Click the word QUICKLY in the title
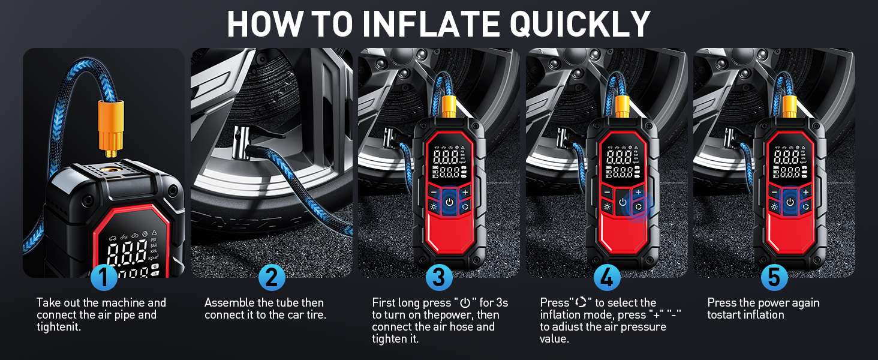[580, 25]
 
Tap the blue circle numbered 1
[104, 277]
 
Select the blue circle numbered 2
[272, 277]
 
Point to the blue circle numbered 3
[439, 277]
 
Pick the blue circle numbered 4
[607, 277]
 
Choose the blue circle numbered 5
[774, 277]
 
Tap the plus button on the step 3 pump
[465, 192]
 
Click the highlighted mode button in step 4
[639, 206]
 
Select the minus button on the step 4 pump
[607, 192]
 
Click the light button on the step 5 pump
[774, 206]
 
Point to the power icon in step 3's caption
[465, 303]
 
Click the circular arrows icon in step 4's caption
[581, 302]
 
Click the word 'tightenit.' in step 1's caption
[59, 326]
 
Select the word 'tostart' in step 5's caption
[726, 315]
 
